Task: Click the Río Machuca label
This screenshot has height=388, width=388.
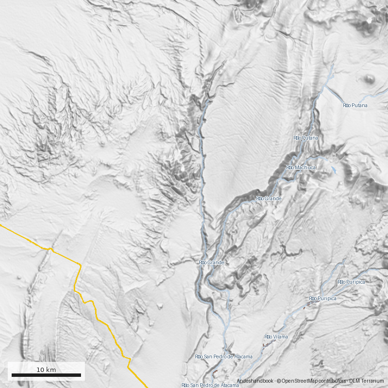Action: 301,167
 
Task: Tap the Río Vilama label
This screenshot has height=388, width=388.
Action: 276,337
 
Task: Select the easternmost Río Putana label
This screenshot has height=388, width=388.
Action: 355,105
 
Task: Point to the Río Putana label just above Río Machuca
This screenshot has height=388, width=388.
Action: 306,138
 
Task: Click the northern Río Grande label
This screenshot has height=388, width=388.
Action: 269,198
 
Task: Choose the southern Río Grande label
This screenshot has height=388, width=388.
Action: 212,262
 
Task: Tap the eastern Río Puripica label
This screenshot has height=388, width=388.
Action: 351,282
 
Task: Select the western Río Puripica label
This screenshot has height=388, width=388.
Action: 323,298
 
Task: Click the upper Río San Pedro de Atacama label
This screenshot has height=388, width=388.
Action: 224,356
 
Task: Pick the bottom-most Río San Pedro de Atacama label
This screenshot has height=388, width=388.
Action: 210,385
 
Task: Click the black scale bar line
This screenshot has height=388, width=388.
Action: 46,375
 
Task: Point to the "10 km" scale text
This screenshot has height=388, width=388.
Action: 46,370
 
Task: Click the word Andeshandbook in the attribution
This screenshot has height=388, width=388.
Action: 255,381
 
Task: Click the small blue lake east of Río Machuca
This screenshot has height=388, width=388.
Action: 334,170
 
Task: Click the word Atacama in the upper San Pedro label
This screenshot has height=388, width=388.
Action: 243,356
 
